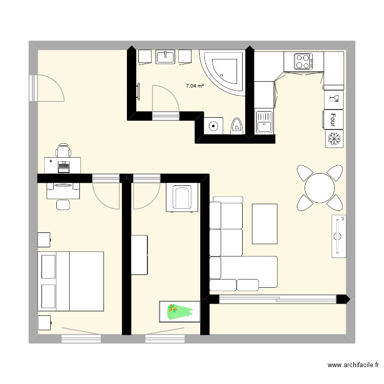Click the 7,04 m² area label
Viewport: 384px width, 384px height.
click(x=195, y=87)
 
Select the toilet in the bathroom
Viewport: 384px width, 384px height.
click(x=237, y=125)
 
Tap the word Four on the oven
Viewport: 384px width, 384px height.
click(x=333, y=119)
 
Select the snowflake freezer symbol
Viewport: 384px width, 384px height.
click(x=334, y=138)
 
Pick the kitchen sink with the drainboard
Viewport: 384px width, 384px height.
click(x=264, y=121)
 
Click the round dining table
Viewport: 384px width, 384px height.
click(x=319, y=187)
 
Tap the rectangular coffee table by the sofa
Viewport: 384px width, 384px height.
click(x=265, y=223)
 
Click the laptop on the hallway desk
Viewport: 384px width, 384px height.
click(x=63, y=165)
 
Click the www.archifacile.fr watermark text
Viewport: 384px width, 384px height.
click(x=353, y=366)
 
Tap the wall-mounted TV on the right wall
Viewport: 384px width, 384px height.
click(x=338, y=236)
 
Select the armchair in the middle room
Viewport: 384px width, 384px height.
click(x=182, y=198)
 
